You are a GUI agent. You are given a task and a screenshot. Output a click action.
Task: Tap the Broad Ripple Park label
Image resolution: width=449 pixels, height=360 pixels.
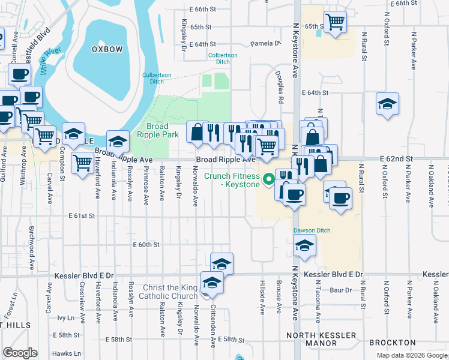162,131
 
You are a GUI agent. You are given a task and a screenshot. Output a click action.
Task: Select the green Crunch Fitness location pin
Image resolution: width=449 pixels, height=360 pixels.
269,177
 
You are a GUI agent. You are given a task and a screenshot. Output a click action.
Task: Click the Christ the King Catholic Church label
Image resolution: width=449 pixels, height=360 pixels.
168,292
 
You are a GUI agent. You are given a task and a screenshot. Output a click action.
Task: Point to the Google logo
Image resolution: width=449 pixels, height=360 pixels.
20,353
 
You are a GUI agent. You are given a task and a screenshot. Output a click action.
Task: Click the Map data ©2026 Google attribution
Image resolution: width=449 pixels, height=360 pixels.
411,355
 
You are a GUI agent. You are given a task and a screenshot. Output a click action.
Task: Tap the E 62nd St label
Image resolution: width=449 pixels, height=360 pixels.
397,158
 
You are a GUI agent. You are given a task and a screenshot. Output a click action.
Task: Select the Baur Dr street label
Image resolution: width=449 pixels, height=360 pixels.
340,290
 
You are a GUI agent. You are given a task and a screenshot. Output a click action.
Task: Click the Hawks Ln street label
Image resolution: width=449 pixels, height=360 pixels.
66,353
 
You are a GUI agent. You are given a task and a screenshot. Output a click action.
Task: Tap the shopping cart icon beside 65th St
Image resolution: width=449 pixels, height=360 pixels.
335,22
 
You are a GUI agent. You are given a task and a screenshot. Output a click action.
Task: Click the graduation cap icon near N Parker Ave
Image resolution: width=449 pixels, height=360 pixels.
387,103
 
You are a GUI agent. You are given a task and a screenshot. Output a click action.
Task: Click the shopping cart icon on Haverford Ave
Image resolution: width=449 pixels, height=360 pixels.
82,162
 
